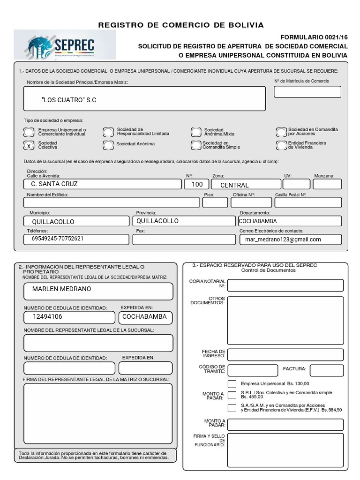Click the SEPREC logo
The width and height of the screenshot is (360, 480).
pos(64,45)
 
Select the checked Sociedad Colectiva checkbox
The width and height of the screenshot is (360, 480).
pos(29,145)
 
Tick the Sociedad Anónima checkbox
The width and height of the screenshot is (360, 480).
pos(108,144)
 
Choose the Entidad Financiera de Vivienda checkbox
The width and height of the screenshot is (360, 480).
pos(281,145)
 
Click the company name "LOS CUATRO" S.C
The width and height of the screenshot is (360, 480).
pos(69,100)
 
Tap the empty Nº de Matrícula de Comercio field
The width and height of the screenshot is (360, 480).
pos(307,92)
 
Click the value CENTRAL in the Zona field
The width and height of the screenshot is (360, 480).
pos(234,185)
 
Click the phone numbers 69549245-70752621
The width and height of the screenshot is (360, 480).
pos(58,239)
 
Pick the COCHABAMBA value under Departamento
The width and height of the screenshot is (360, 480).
pos(258,221)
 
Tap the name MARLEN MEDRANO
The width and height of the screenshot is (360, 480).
pos(62,289)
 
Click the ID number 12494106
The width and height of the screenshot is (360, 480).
pos(47,317)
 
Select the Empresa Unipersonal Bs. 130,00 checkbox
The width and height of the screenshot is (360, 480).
pos(232,383)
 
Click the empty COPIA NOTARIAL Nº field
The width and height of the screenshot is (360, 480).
pos(285,285)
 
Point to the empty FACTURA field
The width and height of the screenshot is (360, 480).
pos(326,370)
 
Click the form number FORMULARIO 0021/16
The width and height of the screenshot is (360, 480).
pos(314,37)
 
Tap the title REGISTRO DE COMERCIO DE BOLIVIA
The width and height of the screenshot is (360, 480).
pos(181,25)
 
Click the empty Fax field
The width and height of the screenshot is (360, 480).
pos(184,240)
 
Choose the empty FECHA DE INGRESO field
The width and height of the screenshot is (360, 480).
pos(285,354)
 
